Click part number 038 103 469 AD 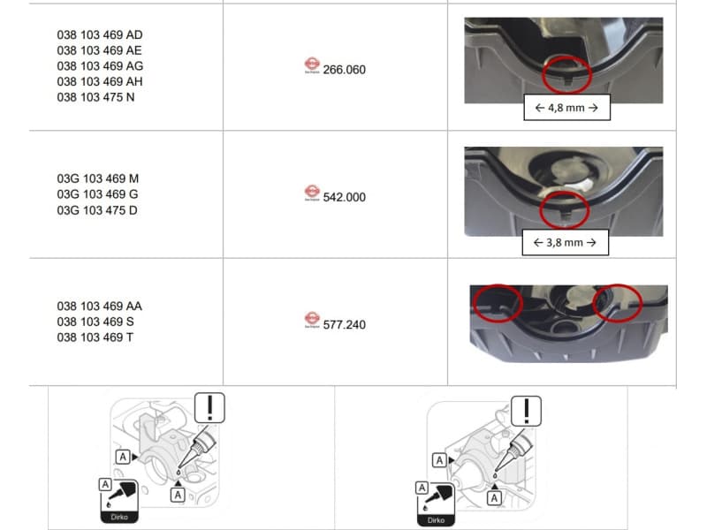100,34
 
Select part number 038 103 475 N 96,97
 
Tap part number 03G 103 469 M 97,178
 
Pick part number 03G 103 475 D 97,210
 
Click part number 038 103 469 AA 100,306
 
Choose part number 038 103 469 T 97,337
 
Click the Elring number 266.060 345,69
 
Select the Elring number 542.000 345,197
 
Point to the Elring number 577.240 345,324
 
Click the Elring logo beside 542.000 311,193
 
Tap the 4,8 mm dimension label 566,109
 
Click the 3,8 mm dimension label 566,242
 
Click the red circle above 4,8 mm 566,73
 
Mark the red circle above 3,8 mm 564,208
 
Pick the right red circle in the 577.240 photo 617,301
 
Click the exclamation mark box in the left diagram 209,407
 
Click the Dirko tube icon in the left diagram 118,499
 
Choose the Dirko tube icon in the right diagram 434,503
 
